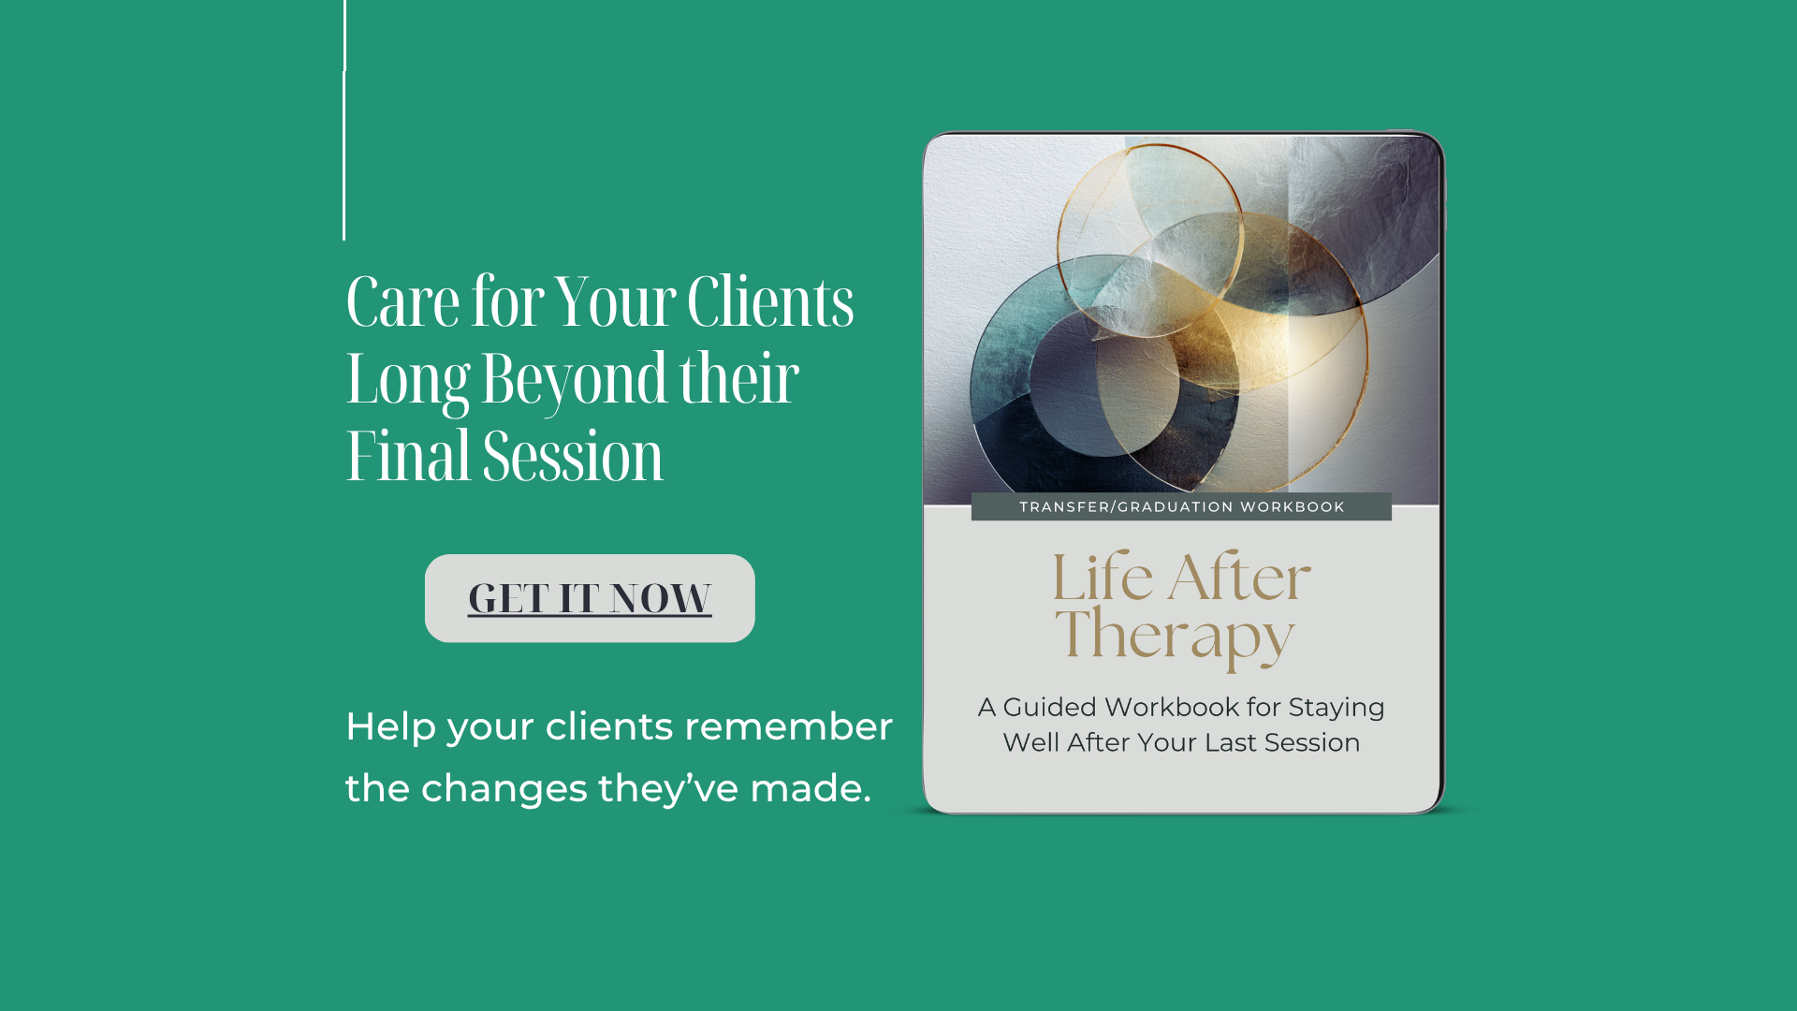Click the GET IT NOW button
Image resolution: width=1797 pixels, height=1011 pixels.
coord(590,598)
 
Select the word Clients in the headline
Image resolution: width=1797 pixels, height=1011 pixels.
coord(770,301)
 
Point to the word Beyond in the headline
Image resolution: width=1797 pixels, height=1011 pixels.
coord(575,380)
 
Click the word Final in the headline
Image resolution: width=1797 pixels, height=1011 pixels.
coord(408,456)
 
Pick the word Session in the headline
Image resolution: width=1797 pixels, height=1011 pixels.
coord(573,456)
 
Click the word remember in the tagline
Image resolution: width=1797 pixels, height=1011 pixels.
coord(788,726)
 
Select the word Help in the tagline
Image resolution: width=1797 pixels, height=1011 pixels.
coord(391,727)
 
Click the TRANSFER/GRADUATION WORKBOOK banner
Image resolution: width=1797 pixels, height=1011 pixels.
coord(1181,506)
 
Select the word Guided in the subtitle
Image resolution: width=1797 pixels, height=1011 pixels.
coord(1049,707)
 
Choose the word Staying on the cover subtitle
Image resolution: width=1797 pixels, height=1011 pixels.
coord(1337,709)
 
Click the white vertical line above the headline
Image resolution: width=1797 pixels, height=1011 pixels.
coord(344,120)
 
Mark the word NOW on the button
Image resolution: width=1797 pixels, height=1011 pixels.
coord(661,598)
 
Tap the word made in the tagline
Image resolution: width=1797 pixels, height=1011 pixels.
coord(811,788)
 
